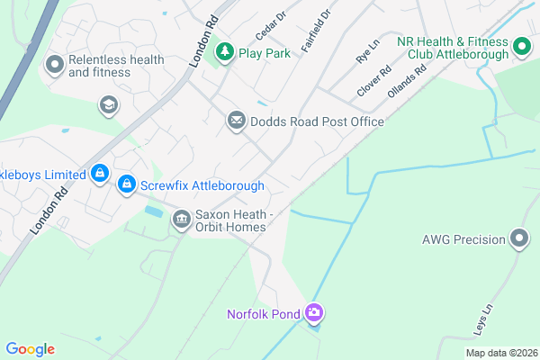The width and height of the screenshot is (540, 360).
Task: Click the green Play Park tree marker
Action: (x=224, y=53)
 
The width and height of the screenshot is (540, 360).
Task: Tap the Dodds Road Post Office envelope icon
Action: (x=237, y=121)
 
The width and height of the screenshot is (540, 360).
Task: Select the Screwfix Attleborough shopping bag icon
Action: (x=127, y=184)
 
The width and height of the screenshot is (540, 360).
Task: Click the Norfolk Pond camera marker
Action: (x=314, y=313)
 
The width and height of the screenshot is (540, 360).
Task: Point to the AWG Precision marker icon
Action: (x=519, y=238)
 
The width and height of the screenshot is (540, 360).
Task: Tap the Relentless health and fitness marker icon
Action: (x=54, y=64)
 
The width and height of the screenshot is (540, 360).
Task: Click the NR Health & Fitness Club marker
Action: (x=520, y=46)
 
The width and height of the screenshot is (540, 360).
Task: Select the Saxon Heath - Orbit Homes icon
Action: (x=181, y=219)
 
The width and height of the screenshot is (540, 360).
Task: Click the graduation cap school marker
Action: (x=109, y=105)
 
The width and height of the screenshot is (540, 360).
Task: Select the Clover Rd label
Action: (x=373, y=81)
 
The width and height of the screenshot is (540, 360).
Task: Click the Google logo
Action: (x=30, y=349)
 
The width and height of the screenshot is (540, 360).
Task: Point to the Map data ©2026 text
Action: (x=500, y=353)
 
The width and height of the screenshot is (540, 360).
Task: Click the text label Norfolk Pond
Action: (x=266, y=314)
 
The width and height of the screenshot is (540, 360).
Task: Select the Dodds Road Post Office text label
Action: (x=317, y=121)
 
